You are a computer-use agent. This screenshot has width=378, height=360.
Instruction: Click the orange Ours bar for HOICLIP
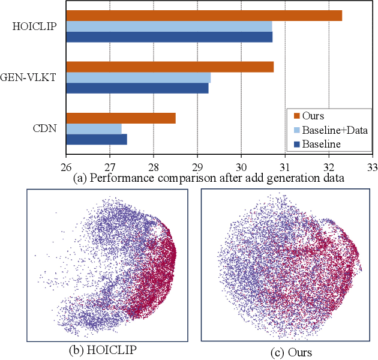[204, 16]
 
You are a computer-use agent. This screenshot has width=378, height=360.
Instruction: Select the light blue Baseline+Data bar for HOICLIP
[169, 26]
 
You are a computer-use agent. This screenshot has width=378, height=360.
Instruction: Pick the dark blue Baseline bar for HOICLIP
[169, 37]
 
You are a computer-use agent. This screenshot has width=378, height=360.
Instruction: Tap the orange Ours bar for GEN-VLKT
[170, 67]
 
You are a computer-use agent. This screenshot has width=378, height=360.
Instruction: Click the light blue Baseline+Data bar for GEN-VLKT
[138, 77]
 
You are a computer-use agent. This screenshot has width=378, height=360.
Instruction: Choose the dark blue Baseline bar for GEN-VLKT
[137, 88]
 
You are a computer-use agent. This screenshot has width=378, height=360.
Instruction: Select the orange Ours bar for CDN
[121, 118]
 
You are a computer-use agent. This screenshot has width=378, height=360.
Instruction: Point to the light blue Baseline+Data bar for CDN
[94, 129]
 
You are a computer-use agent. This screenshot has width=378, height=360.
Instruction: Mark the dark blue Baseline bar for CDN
[96, 140]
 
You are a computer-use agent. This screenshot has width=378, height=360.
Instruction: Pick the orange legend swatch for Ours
[296, 116]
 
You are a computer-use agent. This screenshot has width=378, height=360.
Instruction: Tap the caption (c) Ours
[290, 351]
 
